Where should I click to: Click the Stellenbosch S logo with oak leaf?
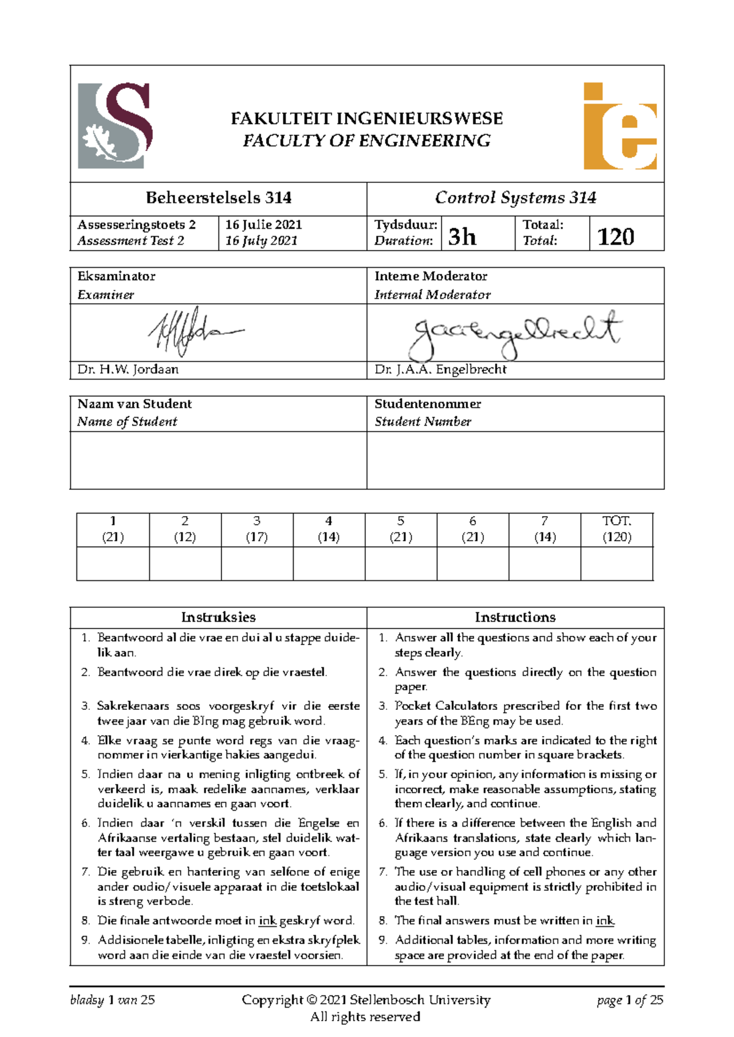point(114,125)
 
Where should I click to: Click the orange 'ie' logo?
point(620,127)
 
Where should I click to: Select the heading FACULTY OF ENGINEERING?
point(366,141)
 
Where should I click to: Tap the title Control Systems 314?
point(515,197)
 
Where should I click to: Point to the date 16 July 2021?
point(261,241)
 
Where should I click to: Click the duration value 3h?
point(462,236)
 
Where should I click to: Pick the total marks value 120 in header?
point(615,236)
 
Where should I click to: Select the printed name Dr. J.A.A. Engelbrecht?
point(440,369)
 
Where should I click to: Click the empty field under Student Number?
point(515,460)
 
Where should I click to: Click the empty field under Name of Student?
point(218,460)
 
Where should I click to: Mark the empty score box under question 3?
point(257,563)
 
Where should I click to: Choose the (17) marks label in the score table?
point(257,537)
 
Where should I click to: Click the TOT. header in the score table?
point(617,521)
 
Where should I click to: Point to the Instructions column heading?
point(515,617)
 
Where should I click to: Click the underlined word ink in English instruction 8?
point(605,921)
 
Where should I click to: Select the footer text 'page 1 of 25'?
point(630,1000)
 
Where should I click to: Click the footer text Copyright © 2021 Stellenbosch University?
point(366,1000)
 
